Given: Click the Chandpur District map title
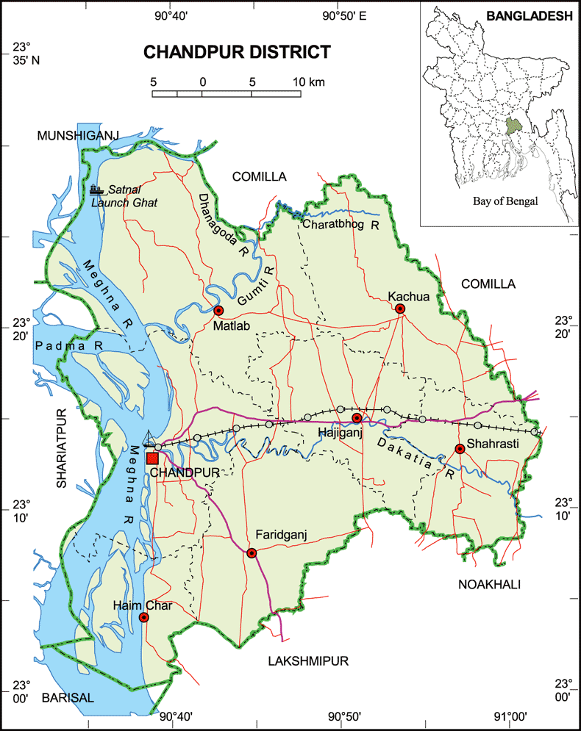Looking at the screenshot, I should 236,52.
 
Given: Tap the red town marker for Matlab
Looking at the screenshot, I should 218,311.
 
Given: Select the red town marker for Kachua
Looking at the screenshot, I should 400,309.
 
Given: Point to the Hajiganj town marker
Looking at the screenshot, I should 357,418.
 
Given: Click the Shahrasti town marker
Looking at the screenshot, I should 460,448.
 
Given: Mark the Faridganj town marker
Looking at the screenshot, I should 252,552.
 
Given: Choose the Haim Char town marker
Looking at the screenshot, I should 144,618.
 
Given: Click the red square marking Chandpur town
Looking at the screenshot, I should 152,458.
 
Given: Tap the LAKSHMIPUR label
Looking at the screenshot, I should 307,660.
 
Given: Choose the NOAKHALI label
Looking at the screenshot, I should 488,584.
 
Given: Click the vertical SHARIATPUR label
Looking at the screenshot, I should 62,447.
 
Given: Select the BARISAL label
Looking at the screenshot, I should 68,697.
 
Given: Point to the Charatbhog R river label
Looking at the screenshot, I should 341,224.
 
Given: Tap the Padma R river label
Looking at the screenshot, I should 68,345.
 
